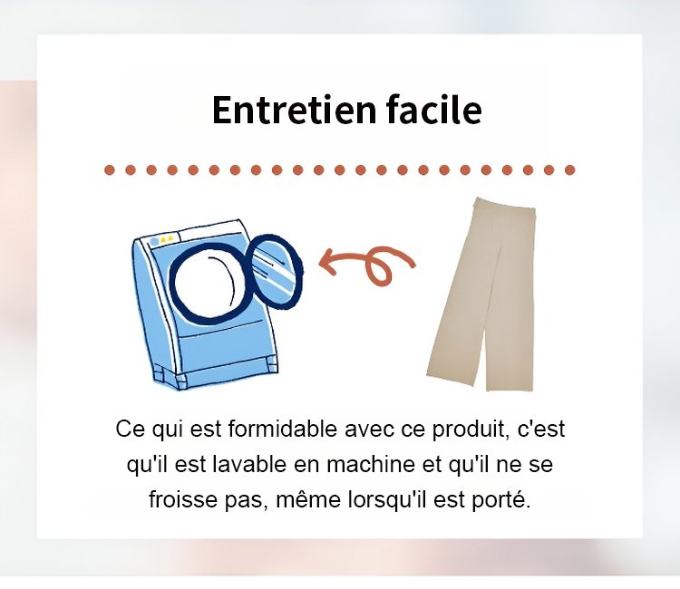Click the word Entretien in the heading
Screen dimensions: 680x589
point(294,110)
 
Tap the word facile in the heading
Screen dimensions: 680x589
point(433,110)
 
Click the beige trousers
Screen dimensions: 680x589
point(481,294)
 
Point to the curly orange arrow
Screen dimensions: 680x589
point(369,265)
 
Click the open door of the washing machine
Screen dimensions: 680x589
point(276,271)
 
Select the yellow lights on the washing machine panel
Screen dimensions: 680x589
point(167,239)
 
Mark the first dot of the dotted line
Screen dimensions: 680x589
point(110,169)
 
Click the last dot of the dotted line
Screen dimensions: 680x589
point(570,169)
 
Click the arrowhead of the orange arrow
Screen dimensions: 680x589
point(327,262)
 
